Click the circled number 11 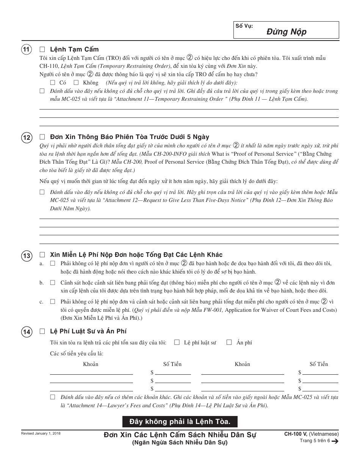coord(26,50)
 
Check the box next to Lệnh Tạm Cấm coord(42,49)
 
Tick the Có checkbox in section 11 coord(52,83)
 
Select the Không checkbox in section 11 coord(76,83)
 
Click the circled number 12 coord(26,138)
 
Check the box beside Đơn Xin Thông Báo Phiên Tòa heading coord(42,137)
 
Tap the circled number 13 coord(26,256)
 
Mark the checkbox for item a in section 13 coord(52,263)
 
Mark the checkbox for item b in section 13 coord(52,283)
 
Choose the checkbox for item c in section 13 coord(52,302)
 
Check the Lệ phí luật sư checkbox coord(177,342)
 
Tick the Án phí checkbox coord(229,342)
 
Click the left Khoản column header coord(91,364)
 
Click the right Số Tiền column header coord(318,364)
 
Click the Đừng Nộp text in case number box coord(291,32)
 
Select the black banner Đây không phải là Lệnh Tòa coord(180,421)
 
